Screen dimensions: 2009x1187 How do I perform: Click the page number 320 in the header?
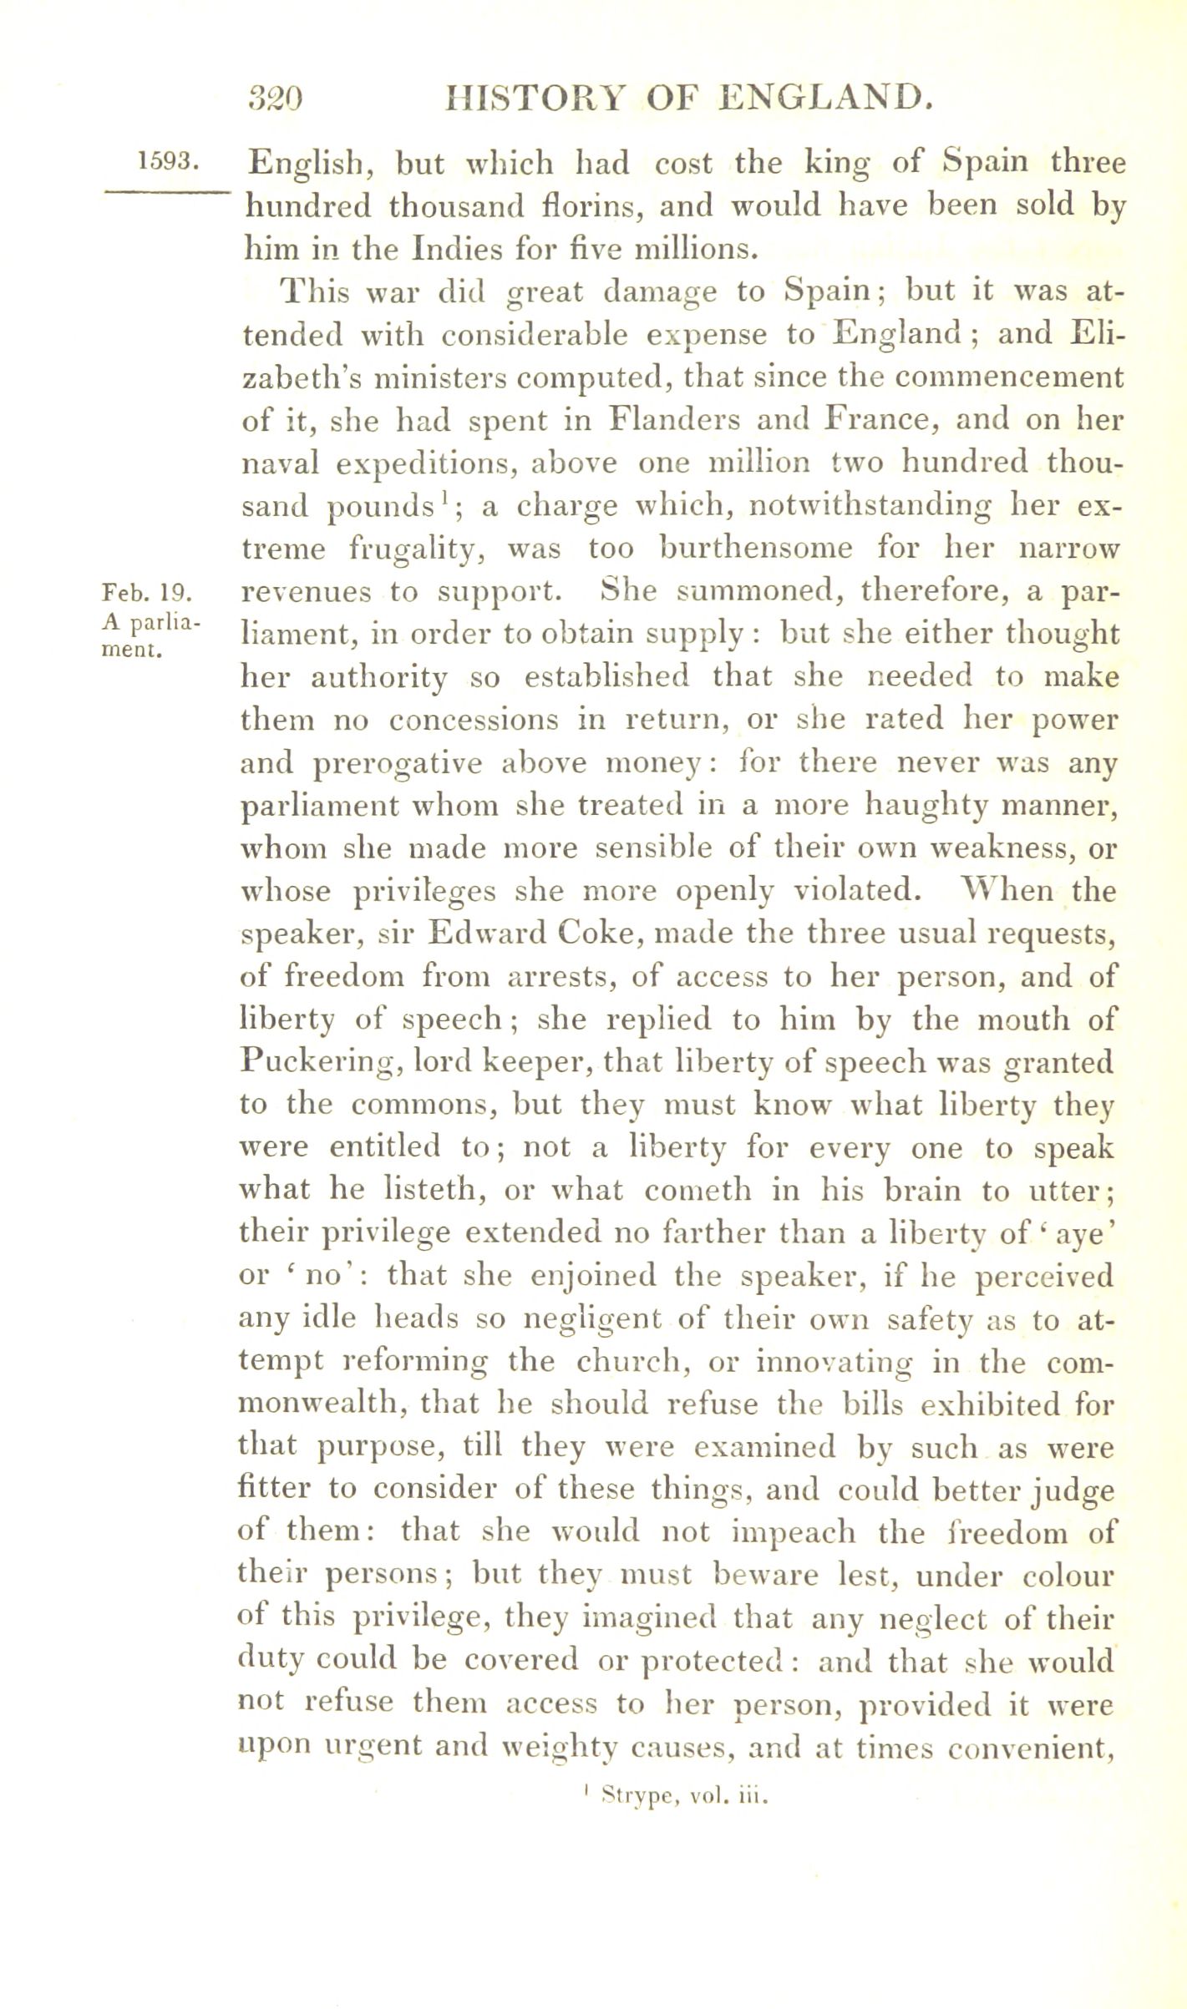276,99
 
